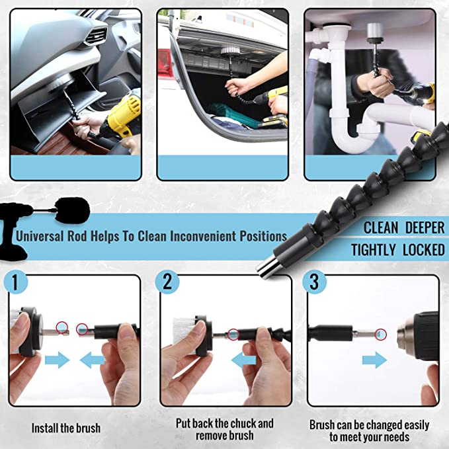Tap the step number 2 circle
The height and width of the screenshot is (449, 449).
pos(167,282)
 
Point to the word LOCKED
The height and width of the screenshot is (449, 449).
pos(421,250)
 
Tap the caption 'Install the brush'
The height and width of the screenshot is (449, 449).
pos(66,428)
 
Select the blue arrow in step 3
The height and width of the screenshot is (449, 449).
pos(374,360)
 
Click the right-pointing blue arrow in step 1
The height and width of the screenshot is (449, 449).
pos(58,360)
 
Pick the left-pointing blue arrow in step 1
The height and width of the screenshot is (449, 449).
pos(93,360)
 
